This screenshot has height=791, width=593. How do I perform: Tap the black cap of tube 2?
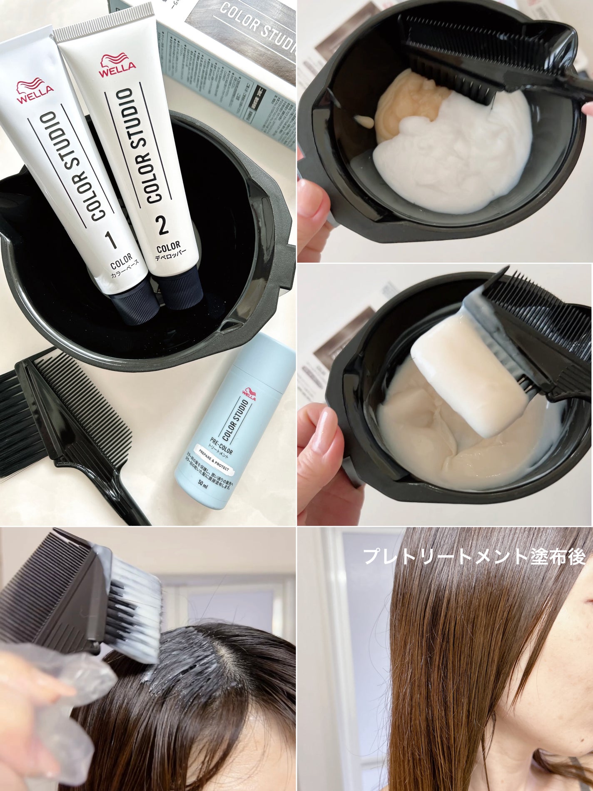pyautogui.click(x=180, y=287)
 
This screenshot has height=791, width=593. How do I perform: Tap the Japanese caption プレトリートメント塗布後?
pyautogui.click(x=475, y=557)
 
